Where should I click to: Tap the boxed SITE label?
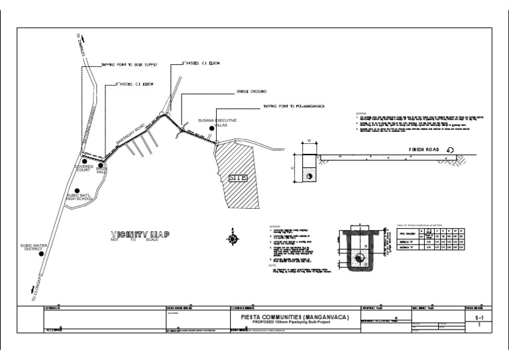237,178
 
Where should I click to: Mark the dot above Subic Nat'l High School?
78,191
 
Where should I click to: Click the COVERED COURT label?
84,168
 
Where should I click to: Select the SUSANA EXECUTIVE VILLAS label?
217,123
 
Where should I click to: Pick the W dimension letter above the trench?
309,141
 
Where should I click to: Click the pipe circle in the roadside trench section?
309,174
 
